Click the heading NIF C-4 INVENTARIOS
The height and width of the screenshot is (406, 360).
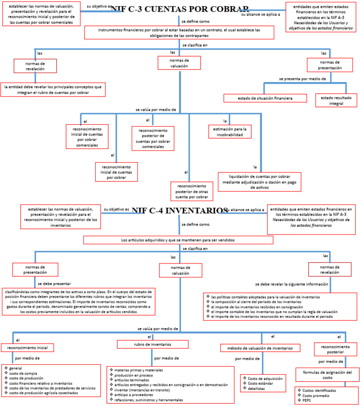180,211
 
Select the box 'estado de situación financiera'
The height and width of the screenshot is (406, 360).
265,98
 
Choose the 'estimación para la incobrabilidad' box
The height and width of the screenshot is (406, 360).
230,132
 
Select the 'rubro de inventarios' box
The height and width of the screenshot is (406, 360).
153,345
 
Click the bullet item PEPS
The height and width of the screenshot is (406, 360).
307,401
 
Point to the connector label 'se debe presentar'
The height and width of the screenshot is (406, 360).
54,284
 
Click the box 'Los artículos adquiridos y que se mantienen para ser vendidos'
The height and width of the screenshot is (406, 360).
178,240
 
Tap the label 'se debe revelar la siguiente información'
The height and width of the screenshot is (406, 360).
291,284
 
